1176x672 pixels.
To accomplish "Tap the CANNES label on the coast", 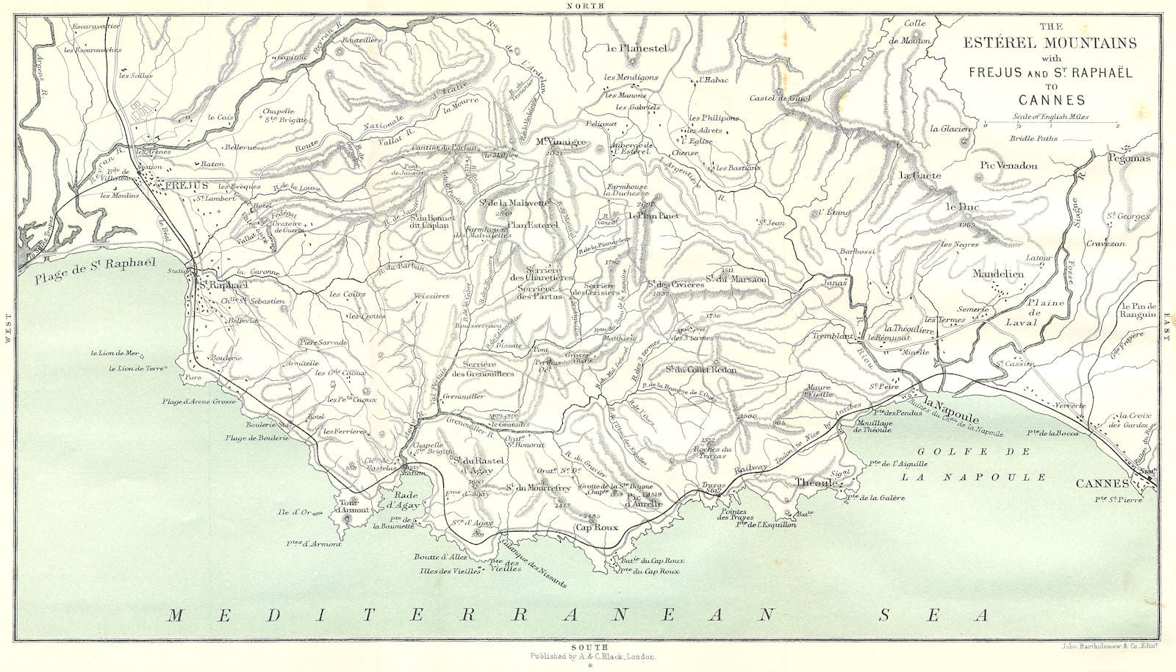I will tap(1102, 483).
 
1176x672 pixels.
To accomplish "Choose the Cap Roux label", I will tap(598, 528).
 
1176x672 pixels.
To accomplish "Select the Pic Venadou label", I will tap(1008, 165).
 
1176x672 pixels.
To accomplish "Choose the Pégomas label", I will tap(1131, 157).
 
